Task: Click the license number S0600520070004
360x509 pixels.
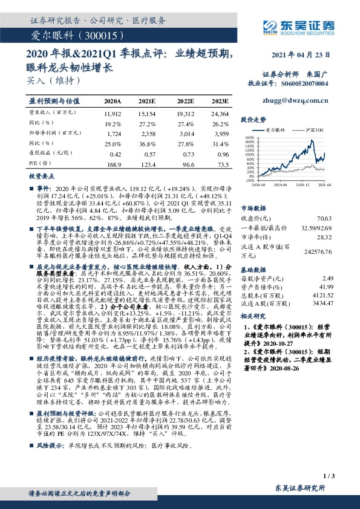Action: point(305,84)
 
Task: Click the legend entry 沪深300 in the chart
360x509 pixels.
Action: point(313,130)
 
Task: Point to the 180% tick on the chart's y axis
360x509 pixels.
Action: point(249,137)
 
